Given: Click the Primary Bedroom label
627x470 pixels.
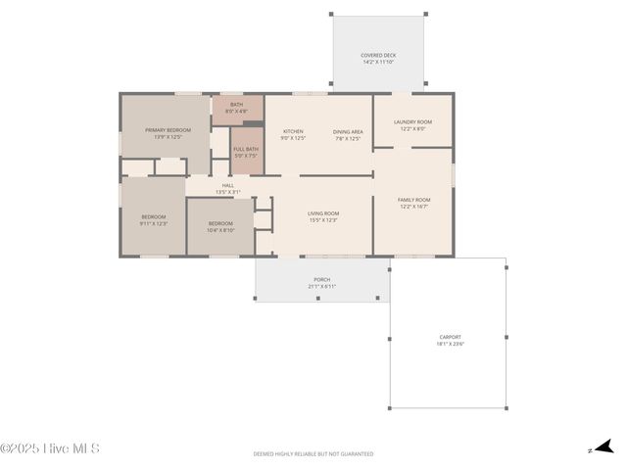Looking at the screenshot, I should [168, 130].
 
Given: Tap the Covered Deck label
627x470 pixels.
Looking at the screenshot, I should [378, 56].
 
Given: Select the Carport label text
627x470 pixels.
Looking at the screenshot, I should [451, 338].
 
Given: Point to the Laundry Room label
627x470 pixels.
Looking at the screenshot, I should [412, 122].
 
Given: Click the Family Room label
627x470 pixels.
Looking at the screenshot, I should [414, 200].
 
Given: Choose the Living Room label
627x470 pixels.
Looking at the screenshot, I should [323, 213].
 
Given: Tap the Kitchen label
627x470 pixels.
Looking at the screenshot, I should [293, 131].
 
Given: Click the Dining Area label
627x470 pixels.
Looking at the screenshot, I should [348, 131].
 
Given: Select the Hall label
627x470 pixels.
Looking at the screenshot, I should [227, 185].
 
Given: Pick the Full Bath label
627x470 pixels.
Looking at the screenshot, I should [246, 149].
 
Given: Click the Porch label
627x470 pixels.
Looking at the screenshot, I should [321, 279].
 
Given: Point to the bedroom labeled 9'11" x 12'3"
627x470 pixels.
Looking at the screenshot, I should [153, 217].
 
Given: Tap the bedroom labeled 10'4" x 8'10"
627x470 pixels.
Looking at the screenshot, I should [220, 223].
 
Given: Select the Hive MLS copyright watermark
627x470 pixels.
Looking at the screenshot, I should [50, 448].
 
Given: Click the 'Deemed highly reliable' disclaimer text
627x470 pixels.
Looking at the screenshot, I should [313, 454].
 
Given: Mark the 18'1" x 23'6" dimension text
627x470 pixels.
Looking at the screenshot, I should [451, 344].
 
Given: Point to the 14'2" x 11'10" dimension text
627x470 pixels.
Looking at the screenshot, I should [378, 62].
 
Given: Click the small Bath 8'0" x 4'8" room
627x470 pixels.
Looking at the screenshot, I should [237, 108].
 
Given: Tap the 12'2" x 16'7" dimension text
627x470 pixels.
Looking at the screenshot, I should [414, 207].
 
